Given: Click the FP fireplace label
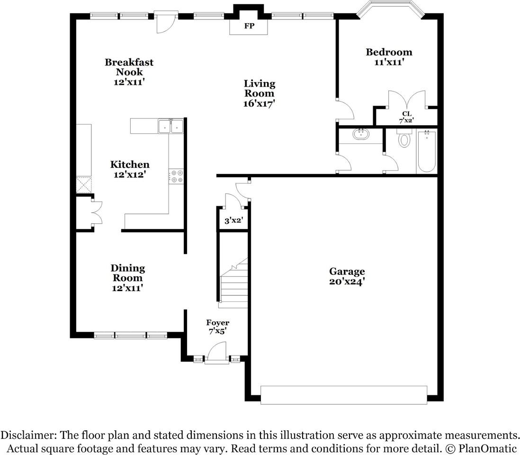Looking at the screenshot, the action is pos(249,26).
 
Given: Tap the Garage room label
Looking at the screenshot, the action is pos(347,272).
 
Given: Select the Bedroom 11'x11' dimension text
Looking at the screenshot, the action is pos(389,62).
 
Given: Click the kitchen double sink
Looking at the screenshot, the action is pos(171,126).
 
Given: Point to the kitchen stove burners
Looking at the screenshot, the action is pos(176,176).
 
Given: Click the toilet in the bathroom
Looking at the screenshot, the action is pos(404,138).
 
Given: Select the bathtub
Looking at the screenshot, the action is pos(427,151).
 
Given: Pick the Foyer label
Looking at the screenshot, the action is pos(217,323).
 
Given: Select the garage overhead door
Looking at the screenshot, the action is pos(344,395).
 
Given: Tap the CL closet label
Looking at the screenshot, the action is pos(407,114).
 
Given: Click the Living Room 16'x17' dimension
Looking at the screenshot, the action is pos(260,103).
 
